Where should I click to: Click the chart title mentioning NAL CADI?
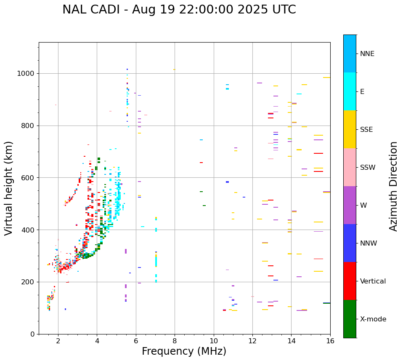coord(179,10)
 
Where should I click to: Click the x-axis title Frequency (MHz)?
coord(184,351)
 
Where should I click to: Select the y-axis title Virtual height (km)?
coord(9,188)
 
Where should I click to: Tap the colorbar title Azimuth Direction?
coord(393,186)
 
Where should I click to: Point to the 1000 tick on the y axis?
coord(28,73)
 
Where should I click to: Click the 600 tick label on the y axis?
coord(29,178)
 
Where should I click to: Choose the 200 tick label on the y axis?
coord(29,282)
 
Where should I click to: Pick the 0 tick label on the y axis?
coord(33,334)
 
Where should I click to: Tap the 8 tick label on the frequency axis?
coord(175,341)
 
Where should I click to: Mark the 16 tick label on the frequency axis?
coord(330,341)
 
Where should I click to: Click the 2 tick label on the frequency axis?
coord(58,341)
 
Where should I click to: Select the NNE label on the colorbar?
coord(367,54)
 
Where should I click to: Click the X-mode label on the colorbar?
coord(373,319)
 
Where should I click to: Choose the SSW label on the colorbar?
coord(368,168)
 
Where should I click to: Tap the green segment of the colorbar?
coord(350,319)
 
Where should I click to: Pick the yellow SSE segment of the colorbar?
coord(350,129)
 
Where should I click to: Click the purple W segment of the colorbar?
coord(350,205)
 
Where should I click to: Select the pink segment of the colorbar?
coord(350,167)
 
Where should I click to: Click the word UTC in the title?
coord(283,10)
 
